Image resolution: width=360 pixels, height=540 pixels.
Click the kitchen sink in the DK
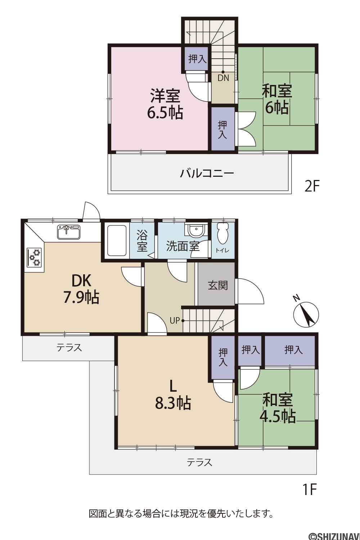(x=69, y=232)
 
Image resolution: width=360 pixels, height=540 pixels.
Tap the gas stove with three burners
(x=34, y=257)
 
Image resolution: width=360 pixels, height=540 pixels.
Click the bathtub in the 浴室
(x=117, y=240)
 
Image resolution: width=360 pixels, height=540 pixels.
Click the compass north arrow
(x=306, y=315)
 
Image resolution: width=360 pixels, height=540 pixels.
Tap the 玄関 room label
(x=218, y=285)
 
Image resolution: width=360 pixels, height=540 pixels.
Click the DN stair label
(x=223, y=78)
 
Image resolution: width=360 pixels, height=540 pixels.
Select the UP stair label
(x=175, y=321)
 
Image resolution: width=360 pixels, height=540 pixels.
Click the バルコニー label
(x=207, y=173)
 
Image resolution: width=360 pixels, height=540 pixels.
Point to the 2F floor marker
(x=312, y=186)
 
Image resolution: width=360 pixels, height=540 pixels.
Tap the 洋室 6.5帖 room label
(x=165, y=104)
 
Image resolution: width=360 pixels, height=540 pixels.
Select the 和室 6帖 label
(x=277, y=99)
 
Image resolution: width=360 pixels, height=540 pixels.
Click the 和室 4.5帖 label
(x=278, y=408)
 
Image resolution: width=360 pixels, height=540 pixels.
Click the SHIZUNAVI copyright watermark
(x=335, y=536)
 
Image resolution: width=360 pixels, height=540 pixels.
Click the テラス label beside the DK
(x=69, y=348)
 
